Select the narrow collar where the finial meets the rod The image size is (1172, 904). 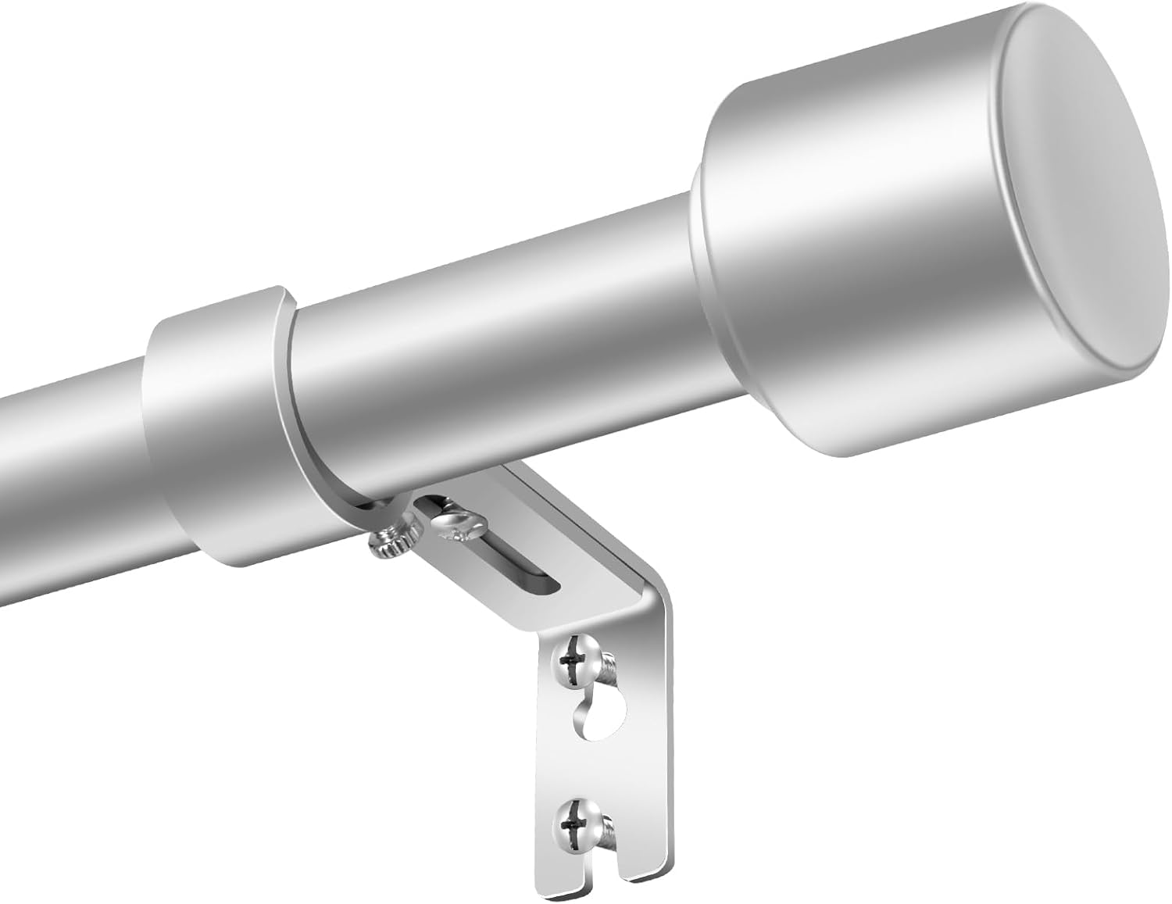click(697, 258)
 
